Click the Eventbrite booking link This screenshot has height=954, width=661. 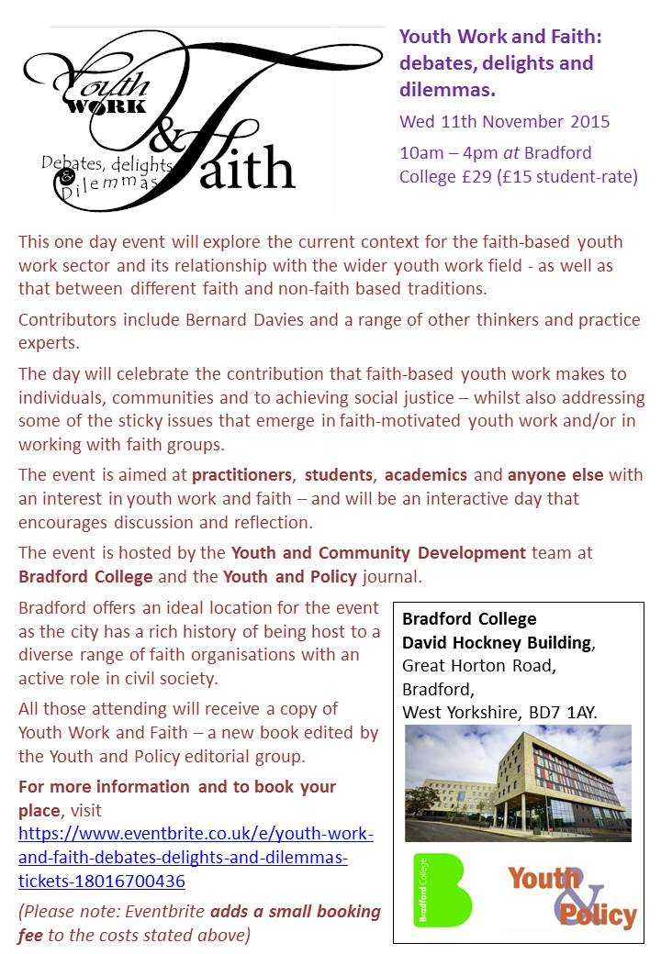point(196,858)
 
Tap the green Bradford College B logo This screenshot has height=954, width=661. point(442,889)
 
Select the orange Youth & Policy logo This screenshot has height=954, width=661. point(571,894)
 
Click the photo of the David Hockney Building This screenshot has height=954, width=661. point(518,782)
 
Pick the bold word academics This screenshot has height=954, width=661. point(426,475)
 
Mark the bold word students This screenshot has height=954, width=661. point(340,475)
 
